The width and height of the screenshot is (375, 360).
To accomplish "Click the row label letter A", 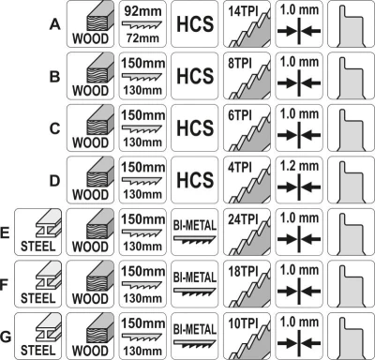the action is [x=54, y=24].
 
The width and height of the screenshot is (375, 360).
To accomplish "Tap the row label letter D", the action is [x=54, y=181].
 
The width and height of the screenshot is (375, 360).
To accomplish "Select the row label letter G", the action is [x=6, y=337].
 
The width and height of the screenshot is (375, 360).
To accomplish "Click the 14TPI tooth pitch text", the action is [x=243, y=11].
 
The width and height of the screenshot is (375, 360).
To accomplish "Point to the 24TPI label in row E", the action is [x=243, y=219].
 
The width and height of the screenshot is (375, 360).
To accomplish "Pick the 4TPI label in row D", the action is [x=240, y=168].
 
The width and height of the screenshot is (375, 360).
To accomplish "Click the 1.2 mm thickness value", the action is [x=299, y=166].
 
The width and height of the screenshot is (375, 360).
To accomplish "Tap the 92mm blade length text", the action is [x=142, y=11].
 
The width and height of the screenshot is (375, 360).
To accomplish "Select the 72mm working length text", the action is [x=142, y=38].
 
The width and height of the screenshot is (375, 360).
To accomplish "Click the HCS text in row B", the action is [x=195, y=76].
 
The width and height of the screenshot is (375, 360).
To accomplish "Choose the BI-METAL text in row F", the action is [x=195, y=277].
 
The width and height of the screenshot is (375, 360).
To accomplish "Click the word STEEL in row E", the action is [x=37, y=247].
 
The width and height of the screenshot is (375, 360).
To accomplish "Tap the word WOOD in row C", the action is [x=90, y=142].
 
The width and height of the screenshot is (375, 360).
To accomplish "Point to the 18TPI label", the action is [x=243, y=272].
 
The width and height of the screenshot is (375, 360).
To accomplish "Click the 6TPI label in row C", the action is [x=240, y=115].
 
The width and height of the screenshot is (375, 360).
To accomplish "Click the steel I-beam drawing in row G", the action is [x=47, y=328].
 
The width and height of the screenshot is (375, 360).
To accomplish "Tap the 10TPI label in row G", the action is [x=243, y=323].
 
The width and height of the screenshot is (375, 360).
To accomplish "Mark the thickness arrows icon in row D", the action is [x=299, y=187].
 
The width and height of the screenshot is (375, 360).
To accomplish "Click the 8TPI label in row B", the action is [x=240, y=64].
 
